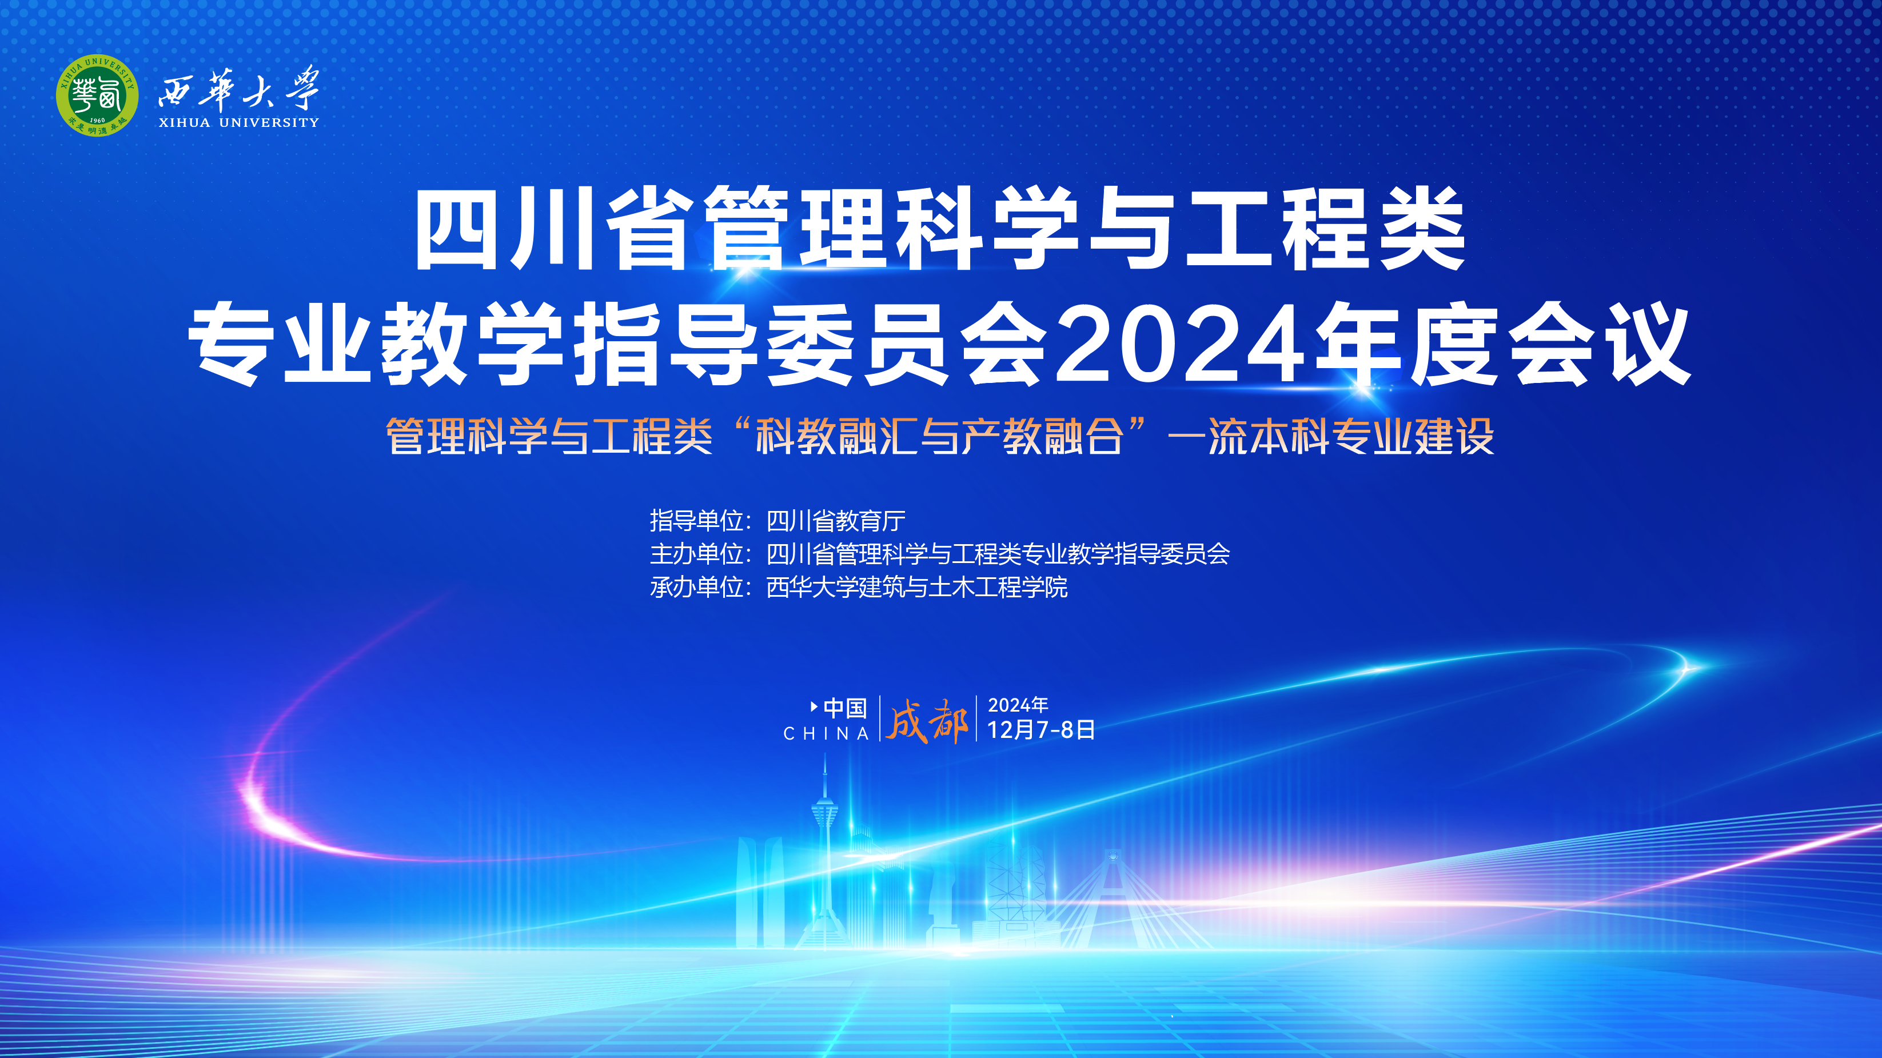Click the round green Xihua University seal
tap(97, 95)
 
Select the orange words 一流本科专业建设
tap(1330, 437)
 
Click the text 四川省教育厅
tap(836, 521)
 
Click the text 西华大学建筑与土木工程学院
tap(917, 586)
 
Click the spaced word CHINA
tap(826, 733)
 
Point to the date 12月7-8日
tap(1041, 729)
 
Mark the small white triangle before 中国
tap(814, 706)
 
